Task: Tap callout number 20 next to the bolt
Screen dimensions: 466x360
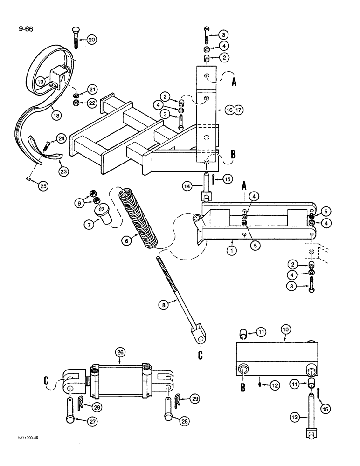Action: click(x=91, y=40)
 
